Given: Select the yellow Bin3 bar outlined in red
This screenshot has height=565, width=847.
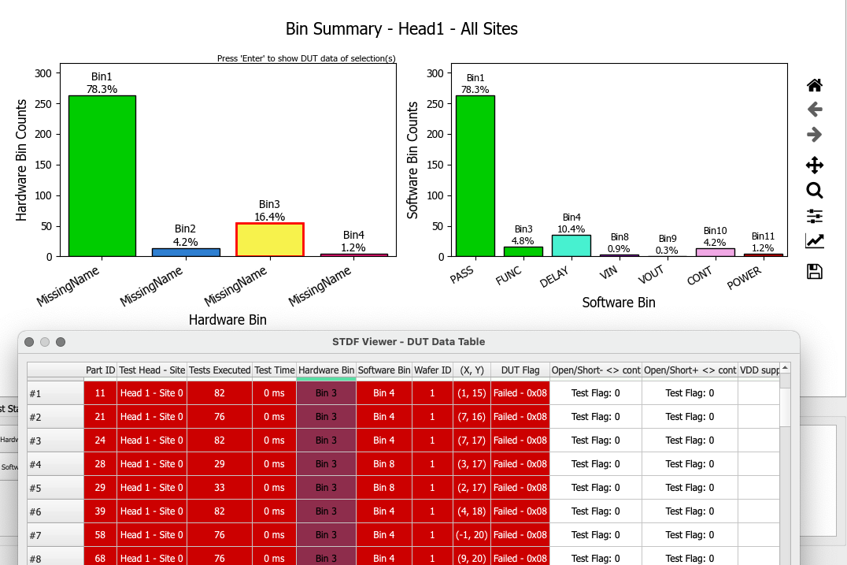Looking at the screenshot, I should pyautogui.click(x=269, y=240).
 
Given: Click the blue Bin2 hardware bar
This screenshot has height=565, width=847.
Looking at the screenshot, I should pyautogui.click(x=186, y=252).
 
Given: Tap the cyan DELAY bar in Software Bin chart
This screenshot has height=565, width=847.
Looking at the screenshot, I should pyautogui.click(x=571, y=246).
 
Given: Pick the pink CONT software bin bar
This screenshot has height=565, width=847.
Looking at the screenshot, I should pyautogui.click(x=716, y=252).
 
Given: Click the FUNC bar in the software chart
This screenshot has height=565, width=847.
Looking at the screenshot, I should pyautogui.click(x=523, y=251).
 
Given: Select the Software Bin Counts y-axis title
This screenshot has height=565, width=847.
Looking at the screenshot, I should pyautogui.click(x=412, y=160).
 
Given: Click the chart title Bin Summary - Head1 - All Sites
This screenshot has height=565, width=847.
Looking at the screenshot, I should pyautogui.click(x=401, y=30).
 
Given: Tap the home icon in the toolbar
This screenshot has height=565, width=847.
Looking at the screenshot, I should pyautogui.click(x=815, y=85).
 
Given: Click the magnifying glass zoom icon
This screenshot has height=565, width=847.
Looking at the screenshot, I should pyautogui.click(x=815, y=190).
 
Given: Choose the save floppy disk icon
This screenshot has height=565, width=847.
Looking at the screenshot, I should pyautogui.click(x=815, y=272).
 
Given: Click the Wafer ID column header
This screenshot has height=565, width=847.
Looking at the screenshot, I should pyautogui.click(x=432, y=370).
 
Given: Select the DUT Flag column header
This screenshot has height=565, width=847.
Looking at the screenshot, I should pyautogui.click(x=520, y=370).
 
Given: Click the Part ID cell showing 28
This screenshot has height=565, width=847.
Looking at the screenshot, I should pyautogui.click(x=100, y=464).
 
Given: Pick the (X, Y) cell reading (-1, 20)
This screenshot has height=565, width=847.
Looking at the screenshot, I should pyautogui.click(x=472, y=535).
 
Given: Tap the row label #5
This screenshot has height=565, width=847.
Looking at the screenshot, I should pyautogui.click(x=35, y=488).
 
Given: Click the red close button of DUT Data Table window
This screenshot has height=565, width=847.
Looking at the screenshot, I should pyautogui.click(x=29, y=342).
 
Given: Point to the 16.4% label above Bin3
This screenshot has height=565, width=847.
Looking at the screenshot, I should pyautogui.click(x=269, y=217).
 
